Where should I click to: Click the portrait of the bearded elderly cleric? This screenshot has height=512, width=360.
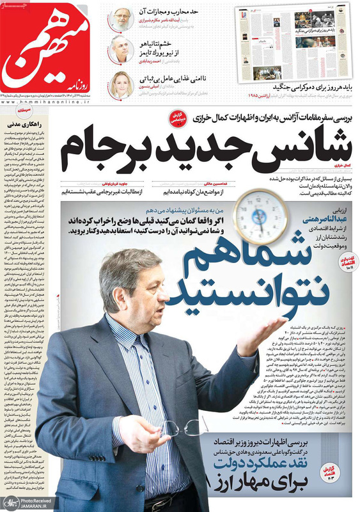click(122, 17)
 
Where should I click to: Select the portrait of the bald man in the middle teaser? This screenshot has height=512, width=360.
click(122, 50)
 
